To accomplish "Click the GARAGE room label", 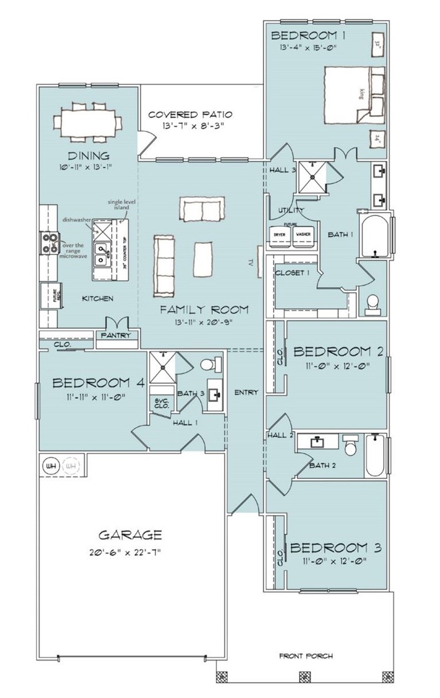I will point(130,535).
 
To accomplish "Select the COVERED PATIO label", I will point(190,114).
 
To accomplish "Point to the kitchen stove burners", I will point(48,241).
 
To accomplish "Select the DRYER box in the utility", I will point(280,234).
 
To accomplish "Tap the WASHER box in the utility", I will point(304,234).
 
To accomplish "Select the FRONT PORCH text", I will point(305,656).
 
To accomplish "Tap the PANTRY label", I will point(115,336).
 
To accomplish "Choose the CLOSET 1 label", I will point(292,273).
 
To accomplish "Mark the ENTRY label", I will point(246,393).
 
